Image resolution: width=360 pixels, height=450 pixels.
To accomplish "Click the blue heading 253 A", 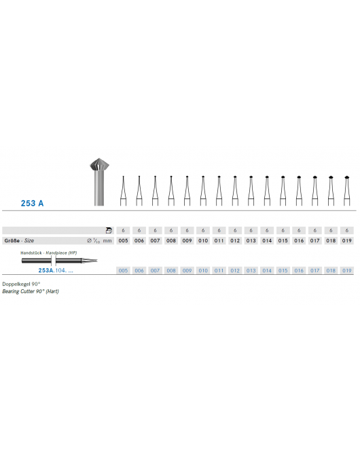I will pos(31,203).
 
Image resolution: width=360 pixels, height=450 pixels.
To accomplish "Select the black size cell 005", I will pos(123,241).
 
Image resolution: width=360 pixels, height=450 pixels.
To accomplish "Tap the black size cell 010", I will pos(203,241).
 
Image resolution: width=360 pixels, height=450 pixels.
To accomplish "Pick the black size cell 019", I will pos(347,241).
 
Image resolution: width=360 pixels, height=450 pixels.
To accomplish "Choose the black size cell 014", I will pos(267,241).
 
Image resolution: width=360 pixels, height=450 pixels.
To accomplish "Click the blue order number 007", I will pos(155,270).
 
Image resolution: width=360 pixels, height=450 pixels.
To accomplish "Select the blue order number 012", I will pos(235,270).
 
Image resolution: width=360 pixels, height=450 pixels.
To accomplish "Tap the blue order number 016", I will pos(299,270).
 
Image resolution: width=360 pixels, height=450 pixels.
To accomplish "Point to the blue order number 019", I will pos(347,270).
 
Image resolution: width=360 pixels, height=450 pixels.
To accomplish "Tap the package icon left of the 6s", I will pos(109,231).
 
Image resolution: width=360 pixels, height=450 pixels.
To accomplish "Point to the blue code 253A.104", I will pos(52,270).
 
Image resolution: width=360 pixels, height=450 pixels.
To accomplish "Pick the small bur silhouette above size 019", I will pos(347,190).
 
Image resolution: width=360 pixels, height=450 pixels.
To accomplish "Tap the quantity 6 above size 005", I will pos(123,231).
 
